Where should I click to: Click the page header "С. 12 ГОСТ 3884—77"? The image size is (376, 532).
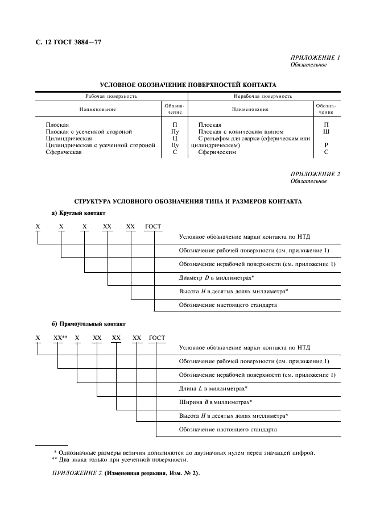68,42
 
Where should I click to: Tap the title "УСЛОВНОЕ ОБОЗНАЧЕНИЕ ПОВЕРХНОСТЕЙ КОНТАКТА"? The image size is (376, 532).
184,85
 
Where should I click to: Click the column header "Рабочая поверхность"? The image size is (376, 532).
111,97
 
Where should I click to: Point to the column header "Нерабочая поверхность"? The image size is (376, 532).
263,97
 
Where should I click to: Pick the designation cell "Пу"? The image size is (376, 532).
175,131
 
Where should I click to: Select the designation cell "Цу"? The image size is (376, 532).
175,146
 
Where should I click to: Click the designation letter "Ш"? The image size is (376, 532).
326,131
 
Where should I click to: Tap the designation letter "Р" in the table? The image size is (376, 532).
326,146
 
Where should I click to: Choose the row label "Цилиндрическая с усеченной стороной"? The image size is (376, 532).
100,146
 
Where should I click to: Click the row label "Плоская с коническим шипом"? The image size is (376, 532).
241,131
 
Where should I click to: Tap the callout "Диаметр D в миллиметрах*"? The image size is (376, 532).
216,277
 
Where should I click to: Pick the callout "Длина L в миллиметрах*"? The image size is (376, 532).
213,388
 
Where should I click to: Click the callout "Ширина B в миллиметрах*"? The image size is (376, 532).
215,402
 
